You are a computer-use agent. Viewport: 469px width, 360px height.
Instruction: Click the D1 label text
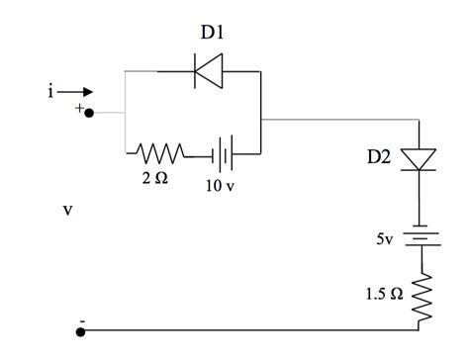click(212, 33)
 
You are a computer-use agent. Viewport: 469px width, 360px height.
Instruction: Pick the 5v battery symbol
click(422, 238)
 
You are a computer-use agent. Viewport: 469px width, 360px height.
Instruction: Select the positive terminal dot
click(88, 113)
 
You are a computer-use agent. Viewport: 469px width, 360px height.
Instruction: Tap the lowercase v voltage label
click(67, 210)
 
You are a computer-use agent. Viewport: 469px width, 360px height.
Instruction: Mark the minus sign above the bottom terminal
click(82, 319)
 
